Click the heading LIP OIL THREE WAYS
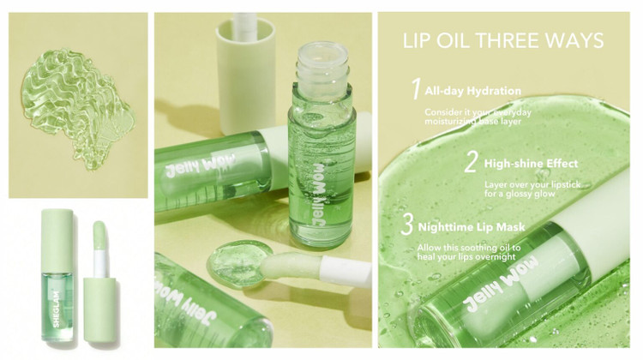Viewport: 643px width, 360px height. point(503,40)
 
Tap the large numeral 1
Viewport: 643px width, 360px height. point(416,89)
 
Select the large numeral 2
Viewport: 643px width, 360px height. point(472,161)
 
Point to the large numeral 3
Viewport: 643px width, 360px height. point(406,224)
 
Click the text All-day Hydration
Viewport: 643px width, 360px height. point(472,91)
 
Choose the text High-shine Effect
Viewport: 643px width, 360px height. point(531,164)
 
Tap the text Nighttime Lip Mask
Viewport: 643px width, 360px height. point(472,227)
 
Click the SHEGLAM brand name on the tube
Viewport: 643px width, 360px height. point(57,309)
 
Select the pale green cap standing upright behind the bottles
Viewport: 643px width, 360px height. point(246,75)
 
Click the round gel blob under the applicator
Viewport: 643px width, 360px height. point(238,261)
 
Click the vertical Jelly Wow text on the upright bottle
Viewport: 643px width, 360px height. point(320,194)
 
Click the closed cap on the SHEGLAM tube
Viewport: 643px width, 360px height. point(57,240)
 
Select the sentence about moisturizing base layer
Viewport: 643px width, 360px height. point(478,117)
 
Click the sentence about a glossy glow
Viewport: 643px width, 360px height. point(532,189)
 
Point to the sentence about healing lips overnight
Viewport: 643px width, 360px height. point(469,252)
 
